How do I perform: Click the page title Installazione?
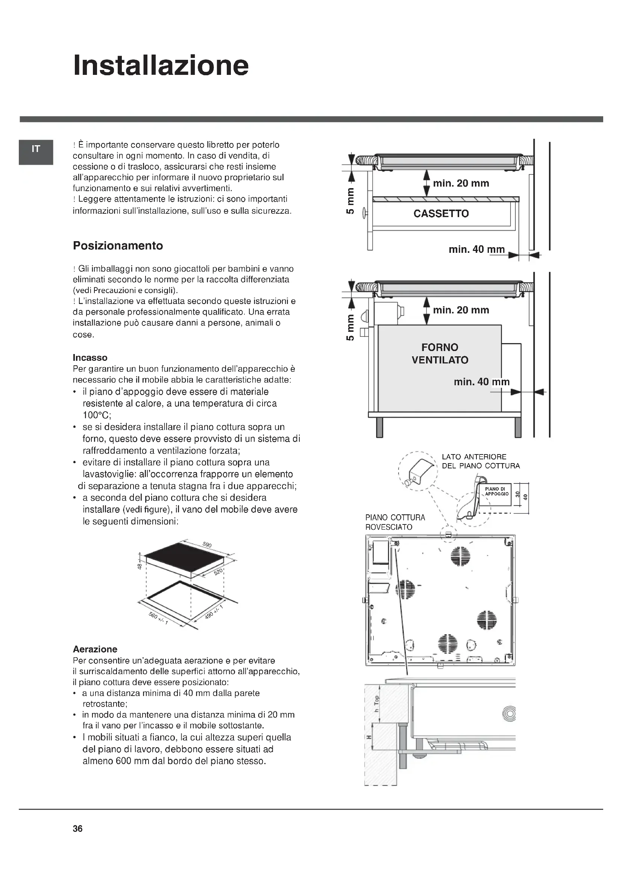click(161, 65)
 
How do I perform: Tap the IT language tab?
click(36, 149)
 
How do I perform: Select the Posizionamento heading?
click(118, 246)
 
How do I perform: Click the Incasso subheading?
click(90, 357)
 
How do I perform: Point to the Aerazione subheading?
click(95, 649)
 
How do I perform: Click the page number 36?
click(78, 828)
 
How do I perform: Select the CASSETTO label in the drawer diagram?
click(441, 213)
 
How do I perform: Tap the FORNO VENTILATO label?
click(440, 353)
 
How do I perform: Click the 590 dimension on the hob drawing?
click(207, 545)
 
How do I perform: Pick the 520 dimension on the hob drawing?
click(218, 572)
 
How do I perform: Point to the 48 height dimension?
click(140, 566)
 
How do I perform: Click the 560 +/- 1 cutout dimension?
click(158, 618)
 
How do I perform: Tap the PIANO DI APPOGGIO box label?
click(497, 491)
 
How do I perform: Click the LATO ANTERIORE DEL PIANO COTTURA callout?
click(481, 461)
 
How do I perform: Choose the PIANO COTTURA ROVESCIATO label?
click(395, 522)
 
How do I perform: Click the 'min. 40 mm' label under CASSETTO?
click(476, 249)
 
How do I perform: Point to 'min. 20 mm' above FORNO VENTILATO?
click(461, 310)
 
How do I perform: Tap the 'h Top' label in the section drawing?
click(376, 704)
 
